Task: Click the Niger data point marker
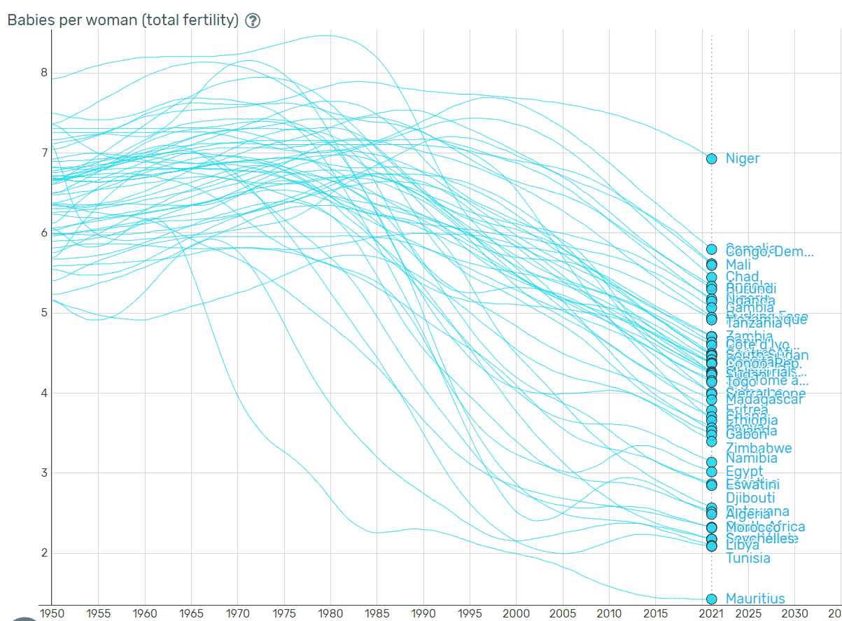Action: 711,159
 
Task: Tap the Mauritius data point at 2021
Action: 711,599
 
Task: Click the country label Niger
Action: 742,159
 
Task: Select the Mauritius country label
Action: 755,599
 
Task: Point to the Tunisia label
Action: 748,558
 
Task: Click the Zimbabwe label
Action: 759,448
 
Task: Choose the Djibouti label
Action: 750,498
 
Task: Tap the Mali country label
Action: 738,265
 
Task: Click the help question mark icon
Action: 253,20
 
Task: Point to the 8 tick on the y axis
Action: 43,72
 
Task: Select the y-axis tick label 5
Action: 43,312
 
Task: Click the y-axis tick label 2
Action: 43,552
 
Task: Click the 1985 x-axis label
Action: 376,613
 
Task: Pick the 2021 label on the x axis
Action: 711,613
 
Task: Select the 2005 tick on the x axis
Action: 563,613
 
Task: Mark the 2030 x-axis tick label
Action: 794,613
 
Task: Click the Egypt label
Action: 744,471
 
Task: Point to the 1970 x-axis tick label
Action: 237,613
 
